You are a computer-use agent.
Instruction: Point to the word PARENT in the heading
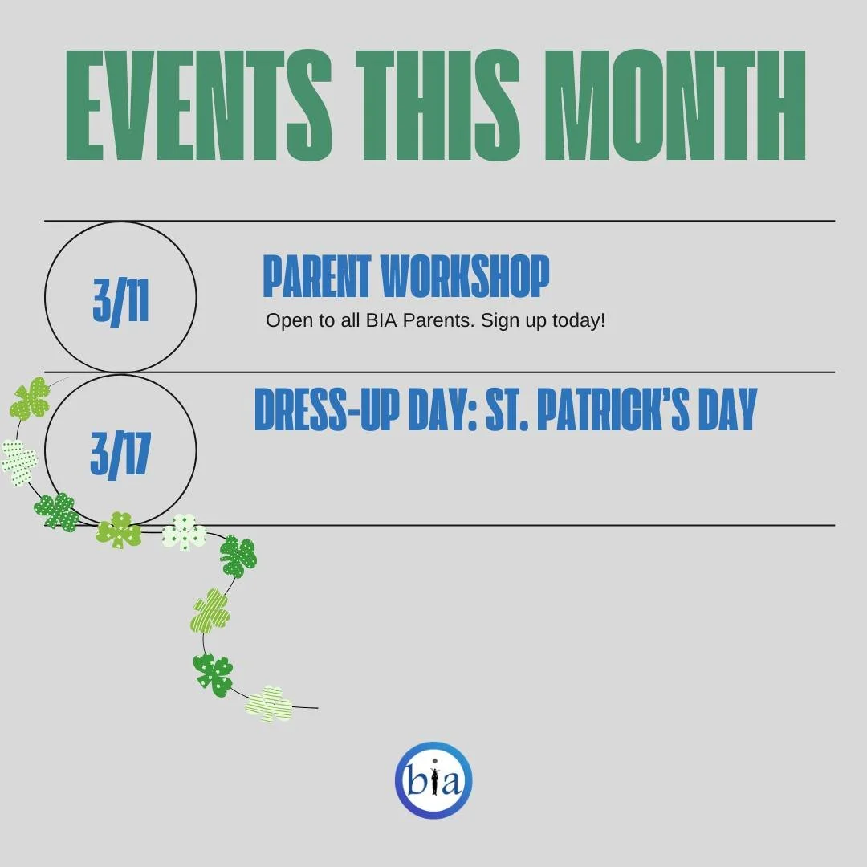316,277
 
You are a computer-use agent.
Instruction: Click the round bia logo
433,780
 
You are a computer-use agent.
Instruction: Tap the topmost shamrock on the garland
31,399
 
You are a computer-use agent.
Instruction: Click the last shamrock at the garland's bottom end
269,704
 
